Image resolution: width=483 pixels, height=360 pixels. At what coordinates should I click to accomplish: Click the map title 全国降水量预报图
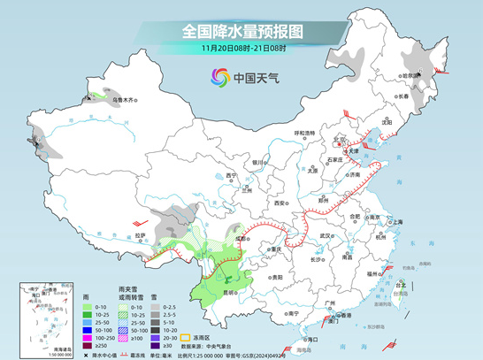(x=241, y=32)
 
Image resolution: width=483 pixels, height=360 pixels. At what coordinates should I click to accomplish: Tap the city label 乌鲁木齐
(x=125, y=101)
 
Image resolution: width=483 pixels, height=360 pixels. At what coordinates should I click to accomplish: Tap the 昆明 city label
(x=229, y=290)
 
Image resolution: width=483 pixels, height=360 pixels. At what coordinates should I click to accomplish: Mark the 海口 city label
(x=311, y=338)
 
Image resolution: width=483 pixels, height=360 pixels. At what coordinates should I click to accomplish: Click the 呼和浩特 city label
(x=303, y=132)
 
